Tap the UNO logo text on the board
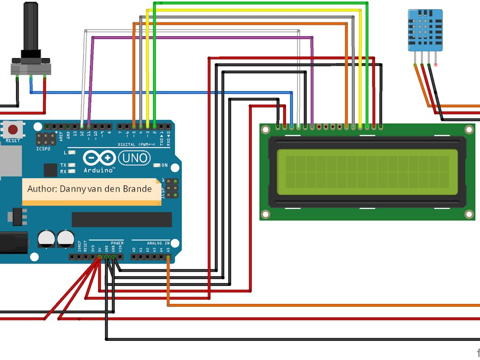(x=134, y=158)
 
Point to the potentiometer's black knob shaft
(x=31, y=27)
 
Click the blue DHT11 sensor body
(x=425, y=29)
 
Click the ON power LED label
(x=165, y=165)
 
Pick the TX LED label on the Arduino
(x=63, y=165)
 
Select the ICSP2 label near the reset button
(x=44, y=149)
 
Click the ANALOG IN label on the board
(x=158, y=243)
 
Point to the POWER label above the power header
(x=117, y=243)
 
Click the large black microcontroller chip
(x=122, y=219)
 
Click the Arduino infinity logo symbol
(x=99, y=158)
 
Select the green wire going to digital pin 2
(x=154, y=64)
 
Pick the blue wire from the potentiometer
(x=160, y=93)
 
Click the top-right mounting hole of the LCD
(x=469, y=130)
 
